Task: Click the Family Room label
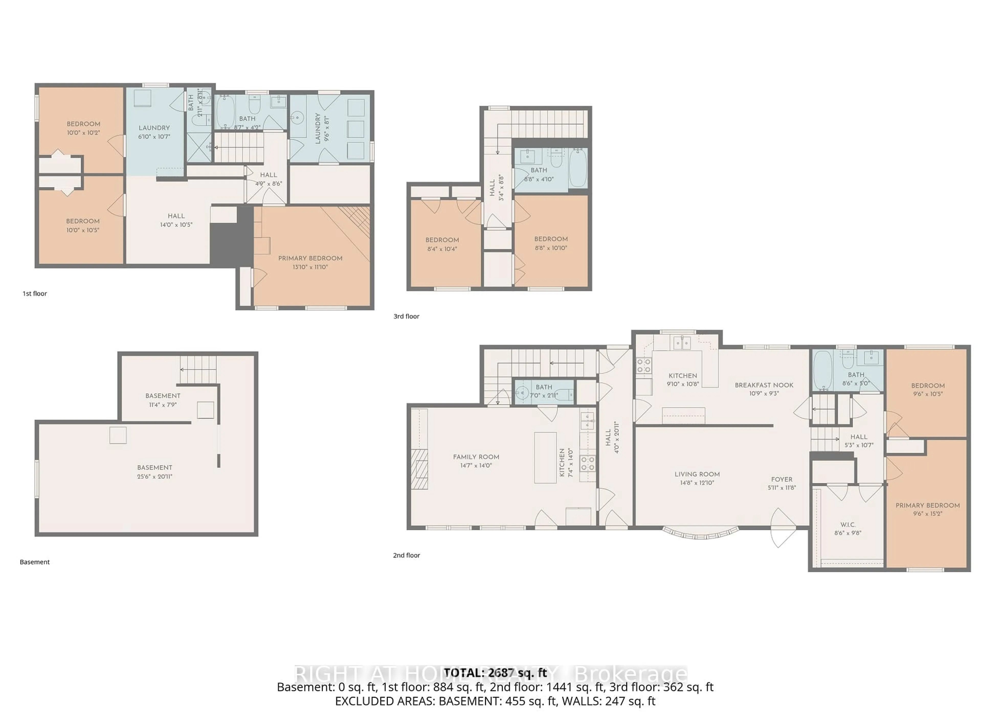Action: click(x=476, y=457)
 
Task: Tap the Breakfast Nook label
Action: click(x=764, y=385)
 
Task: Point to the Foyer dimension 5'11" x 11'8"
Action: click(x=782, y=487)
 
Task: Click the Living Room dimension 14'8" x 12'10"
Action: click(x=697, y=483)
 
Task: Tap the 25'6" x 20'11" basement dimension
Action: click(x=154, y=476)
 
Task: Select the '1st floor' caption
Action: click(x=35, y=293)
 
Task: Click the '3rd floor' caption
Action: click(x=406, y=316)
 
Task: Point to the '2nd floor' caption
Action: click(x=406, y=555)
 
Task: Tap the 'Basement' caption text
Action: click(x=35, y=562)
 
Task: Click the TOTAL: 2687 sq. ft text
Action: click(x=495, y=673)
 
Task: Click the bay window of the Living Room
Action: click(x=700, y=533)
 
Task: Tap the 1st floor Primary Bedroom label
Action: click(x=310, y=258)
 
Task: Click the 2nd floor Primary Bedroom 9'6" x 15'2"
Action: click(x=928, y=509)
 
